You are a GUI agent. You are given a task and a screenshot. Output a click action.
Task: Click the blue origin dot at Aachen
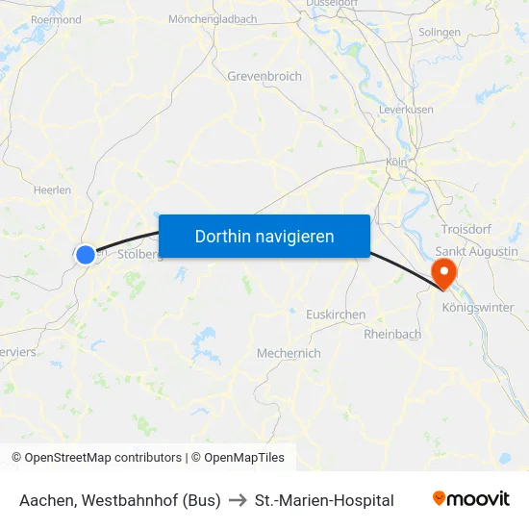coord(86,254)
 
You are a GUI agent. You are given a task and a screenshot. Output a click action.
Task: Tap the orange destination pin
coord(445,271)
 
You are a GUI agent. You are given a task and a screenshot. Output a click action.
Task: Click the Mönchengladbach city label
coord(213,19)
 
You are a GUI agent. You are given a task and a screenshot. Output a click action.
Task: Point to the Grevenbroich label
coord(264,76)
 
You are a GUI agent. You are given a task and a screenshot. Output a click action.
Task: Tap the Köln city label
coord(396,163)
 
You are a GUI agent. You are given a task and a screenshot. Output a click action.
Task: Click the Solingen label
coord(440,33)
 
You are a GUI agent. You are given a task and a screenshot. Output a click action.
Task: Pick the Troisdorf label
coord(466,228)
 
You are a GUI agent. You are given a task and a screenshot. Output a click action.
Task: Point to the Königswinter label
coord(477,308)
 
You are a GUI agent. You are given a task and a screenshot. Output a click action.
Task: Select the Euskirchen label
coord(335,315)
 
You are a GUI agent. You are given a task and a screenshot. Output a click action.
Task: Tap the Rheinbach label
coord(392,334)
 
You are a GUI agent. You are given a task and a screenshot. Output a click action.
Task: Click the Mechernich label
coord(289,353)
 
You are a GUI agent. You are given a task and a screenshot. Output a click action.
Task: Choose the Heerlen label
coord(52,190)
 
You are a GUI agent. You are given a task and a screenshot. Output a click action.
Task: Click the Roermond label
coord(56,19)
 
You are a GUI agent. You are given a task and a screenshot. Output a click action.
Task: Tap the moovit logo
coord(470,499)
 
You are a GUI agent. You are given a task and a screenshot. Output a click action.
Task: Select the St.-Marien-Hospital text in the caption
coord(324,500)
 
